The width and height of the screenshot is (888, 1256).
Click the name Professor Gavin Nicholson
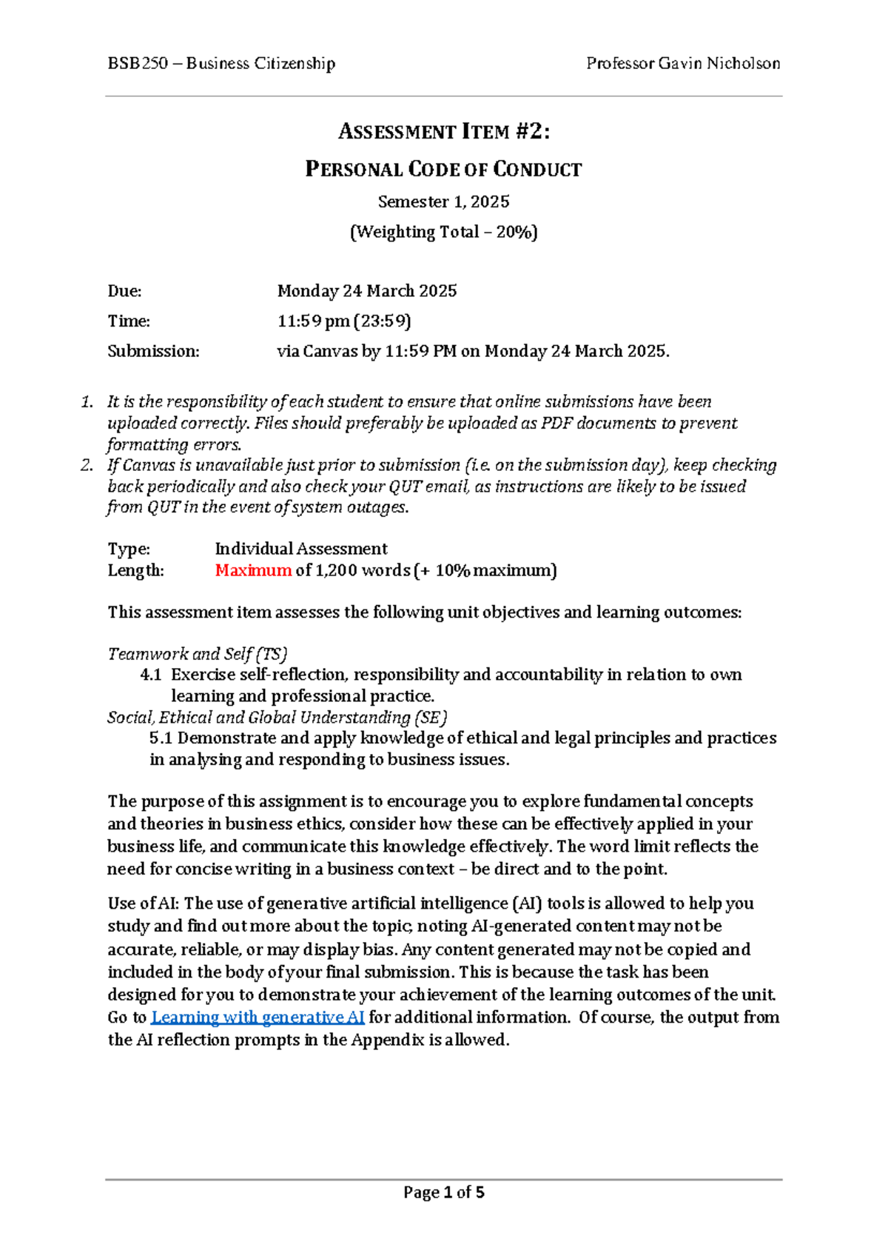[x=682, y=64]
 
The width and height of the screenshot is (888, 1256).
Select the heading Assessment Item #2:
[x=444, y=132]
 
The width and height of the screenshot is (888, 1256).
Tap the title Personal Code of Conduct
[x=444, y=170]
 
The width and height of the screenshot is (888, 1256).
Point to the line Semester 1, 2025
[x=444, y=201]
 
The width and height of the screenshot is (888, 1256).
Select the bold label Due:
[x=124, y=291]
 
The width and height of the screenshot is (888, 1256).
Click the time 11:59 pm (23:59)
[x=344, y=321]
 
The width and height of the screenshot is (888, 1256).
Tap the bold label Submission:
[x=153, y=351]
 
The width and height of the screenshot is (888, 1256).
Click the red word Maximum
[x=253, y=570]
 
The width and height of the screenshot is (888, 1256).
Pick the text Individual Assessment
[x=300, y=549]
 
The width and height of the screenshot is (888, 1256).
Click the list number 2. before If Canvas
[x=87, y=465]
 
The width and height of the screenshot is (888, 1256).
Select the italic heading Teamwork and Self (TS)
[x=197, y=654]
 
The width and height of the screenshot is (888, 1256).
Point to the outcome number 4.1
[x=150, y=675]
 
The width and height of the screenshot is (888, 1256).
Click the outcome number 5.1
[x=161, y=738]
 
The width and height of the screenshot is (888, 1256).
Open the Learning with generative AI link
[x=258, y=1018]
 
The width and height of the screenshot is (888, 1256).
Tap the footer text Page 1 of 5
[x=444, y=1192]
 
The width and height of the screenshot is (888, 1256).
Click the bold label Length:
[x=135, y=570]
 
